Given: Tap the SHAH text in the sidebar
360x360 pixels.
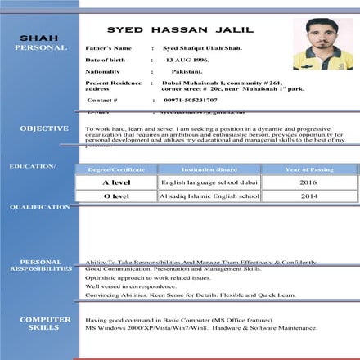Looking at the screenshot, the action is pyautogui.click(x=38, y=38).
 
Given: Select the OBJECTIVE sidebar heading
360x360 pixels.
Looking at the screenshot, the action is pyautogui.click(x=44, y=128).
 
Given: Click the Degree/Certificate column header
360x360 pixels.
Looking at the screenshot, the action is pyautogui.click(x=116, y=169).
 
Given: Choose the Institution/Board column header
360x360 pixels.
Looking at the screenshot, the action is pyautogui.click(x=209, y=169).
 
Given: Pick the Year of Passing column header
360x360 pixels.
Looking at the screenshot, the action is pyautogui.click(x=308, y=169).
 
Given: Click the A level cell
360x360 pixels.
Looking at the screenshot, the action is pyautogui.click(x=116, y=182).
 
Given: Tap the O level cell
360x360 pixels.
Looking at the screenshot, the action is pyautogui.click(x=116, y=196).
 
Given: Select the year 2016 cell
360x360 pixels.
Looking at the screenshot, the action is pyautogui.click(x=308, y=182).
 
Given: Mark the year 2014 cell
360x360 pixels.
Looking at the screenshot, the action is pyautogui.click(x=308, y=196).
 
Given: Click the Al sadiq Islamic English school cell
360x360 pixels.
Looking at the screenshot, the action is pyautogui.click(x=209, y=196).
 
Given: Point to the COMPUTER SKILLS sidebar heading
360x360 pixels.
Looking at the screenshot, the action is pyautogui.click(x=40, y=323).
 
